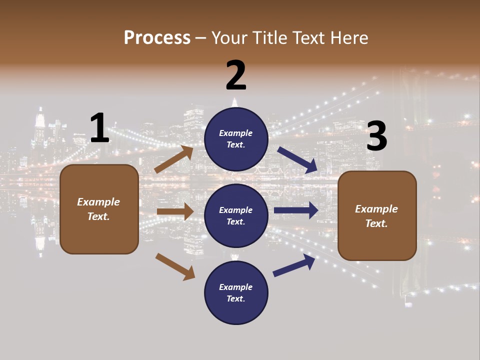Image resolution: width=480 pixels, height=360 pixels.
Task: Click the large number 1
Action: (99, 128)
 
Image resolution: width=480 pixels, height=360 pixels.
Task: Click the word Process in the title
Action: (157, 37)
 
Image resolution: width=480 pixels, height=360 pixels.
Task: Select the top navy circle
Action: (236, 139)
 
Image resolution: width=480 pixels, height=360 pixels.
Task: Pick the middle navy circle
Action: (236, 215)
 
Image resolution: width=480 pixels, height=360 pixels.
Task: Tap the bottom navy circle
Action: (236, 292)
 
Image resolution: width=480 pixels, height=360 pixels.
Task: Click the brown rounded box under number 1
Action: (99, 209)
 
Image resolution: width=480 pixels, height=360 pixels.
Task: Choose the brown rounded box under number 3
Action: (377, 215)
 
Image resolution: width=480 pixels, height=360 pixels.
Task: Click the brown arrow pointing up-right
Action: (174, 159)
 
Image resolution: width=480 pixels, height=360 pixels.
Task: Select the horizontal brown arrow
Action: (175, 211)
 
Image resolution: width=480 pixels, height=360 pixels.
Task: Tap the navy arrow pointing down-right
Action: (297, 160)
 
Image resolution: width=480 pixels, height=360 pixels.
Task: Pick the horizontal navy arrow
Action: (296, 210)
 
